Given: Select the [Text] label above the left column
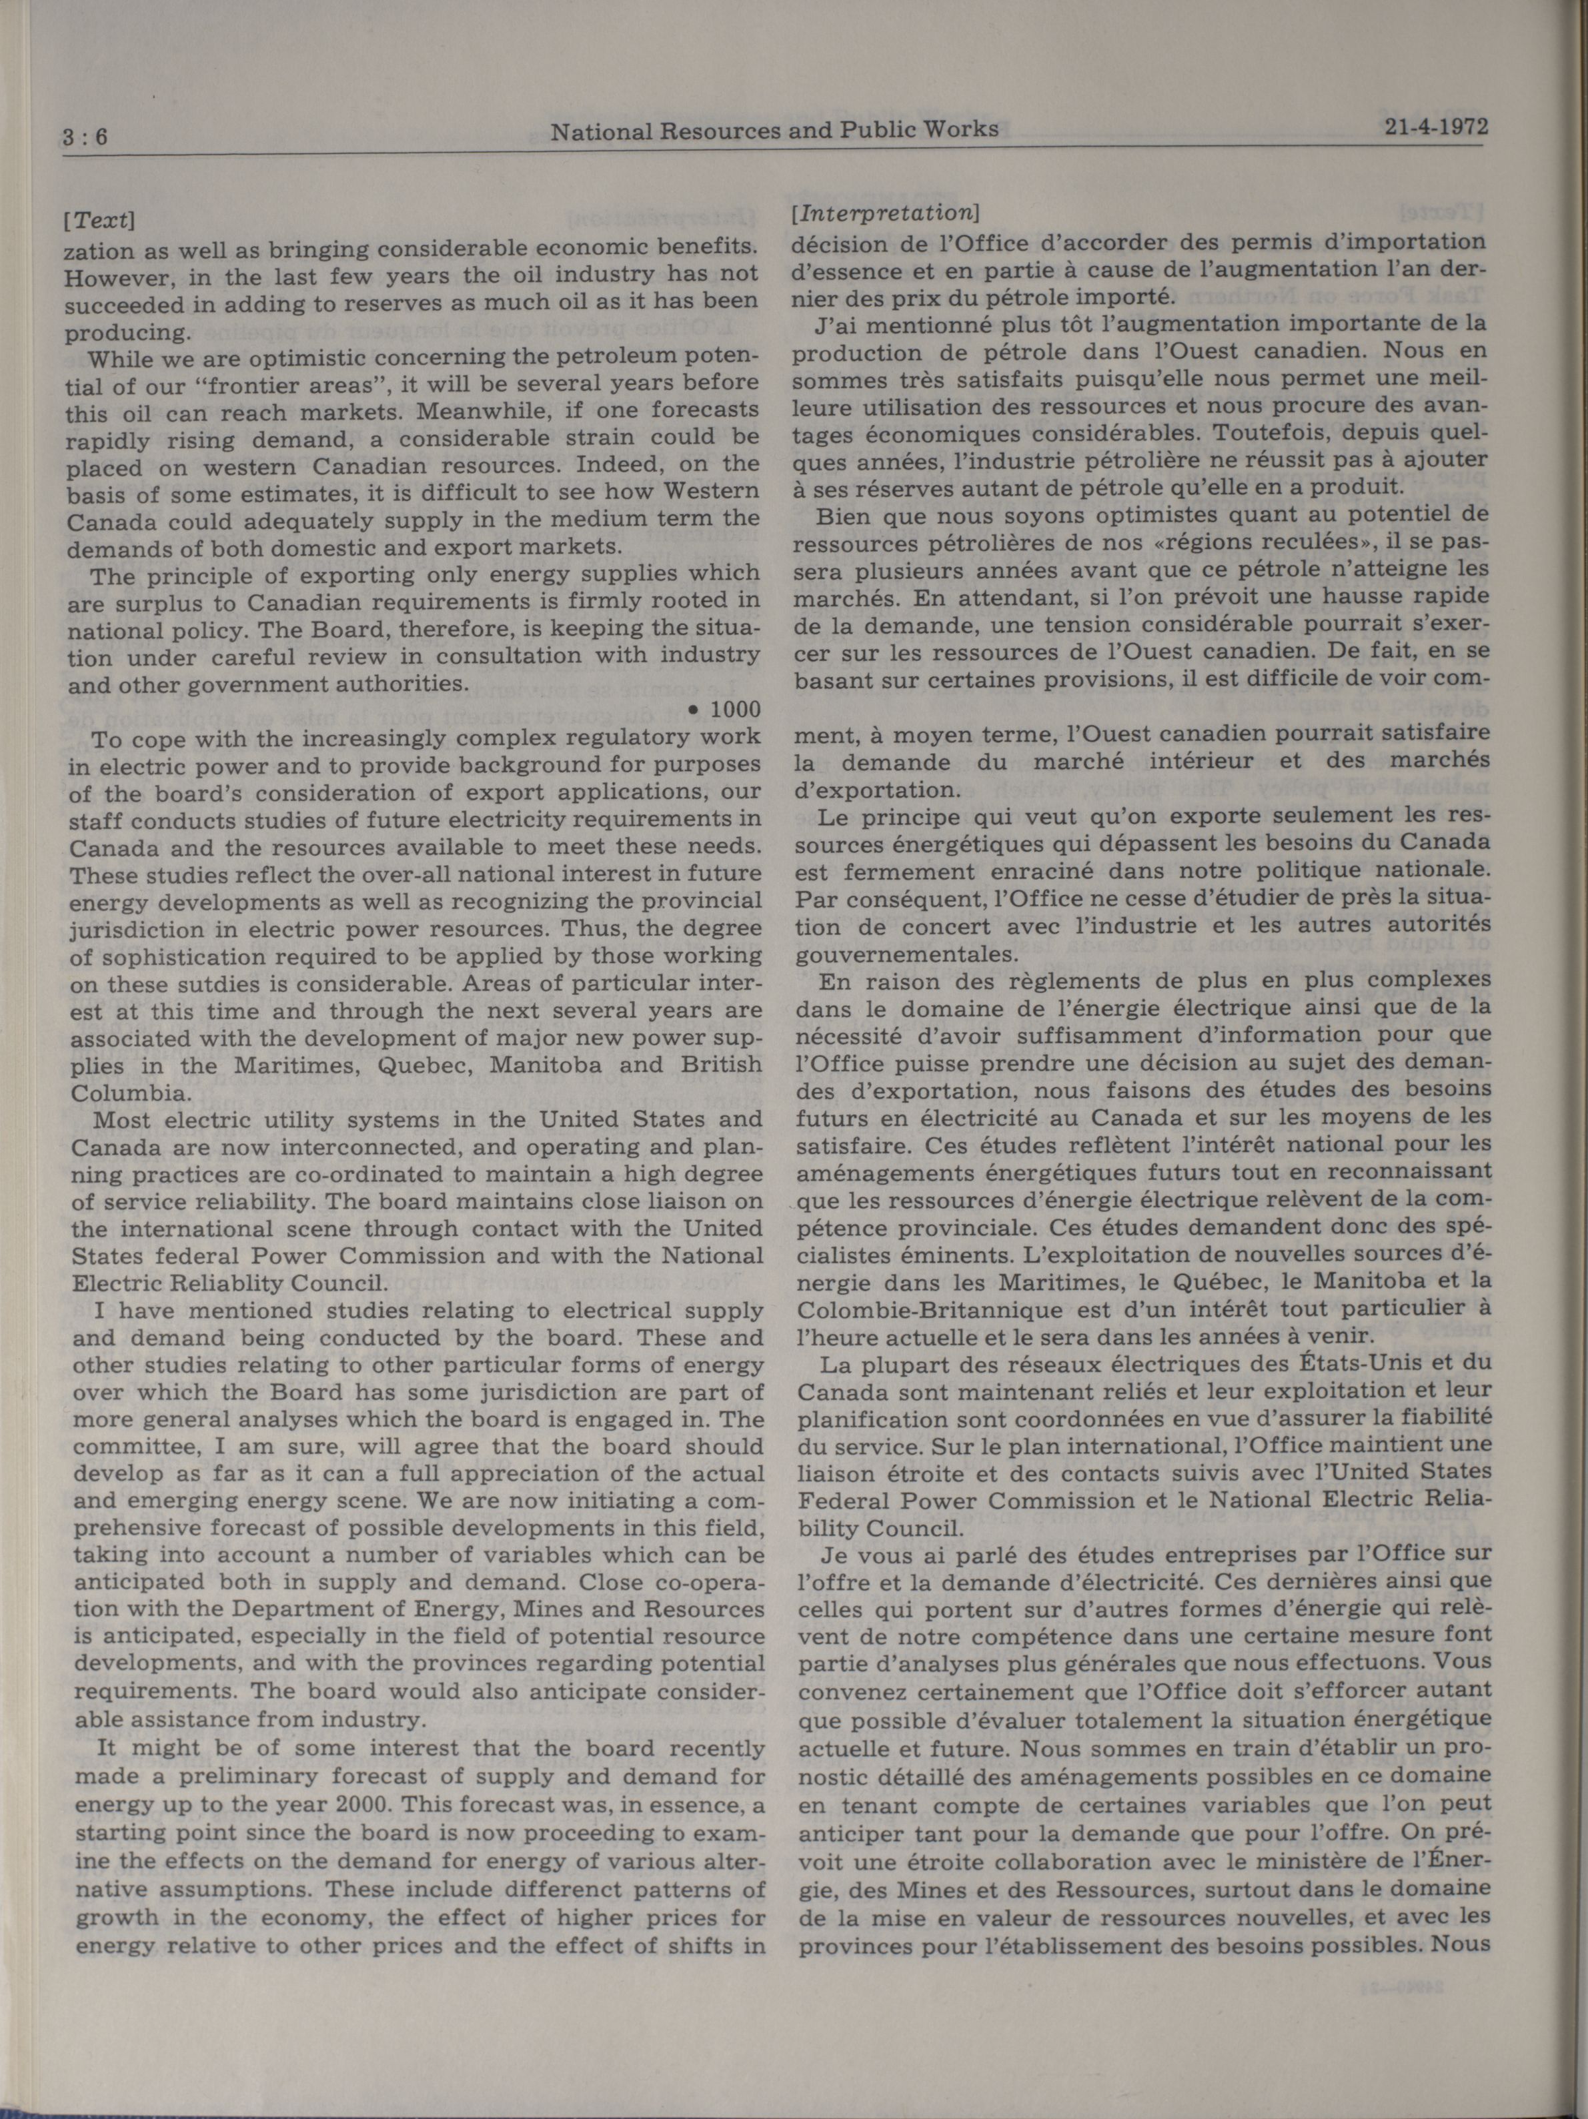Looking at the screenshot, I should point(99,219).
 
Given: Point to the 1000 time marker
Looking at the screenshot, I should point(731,710).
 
